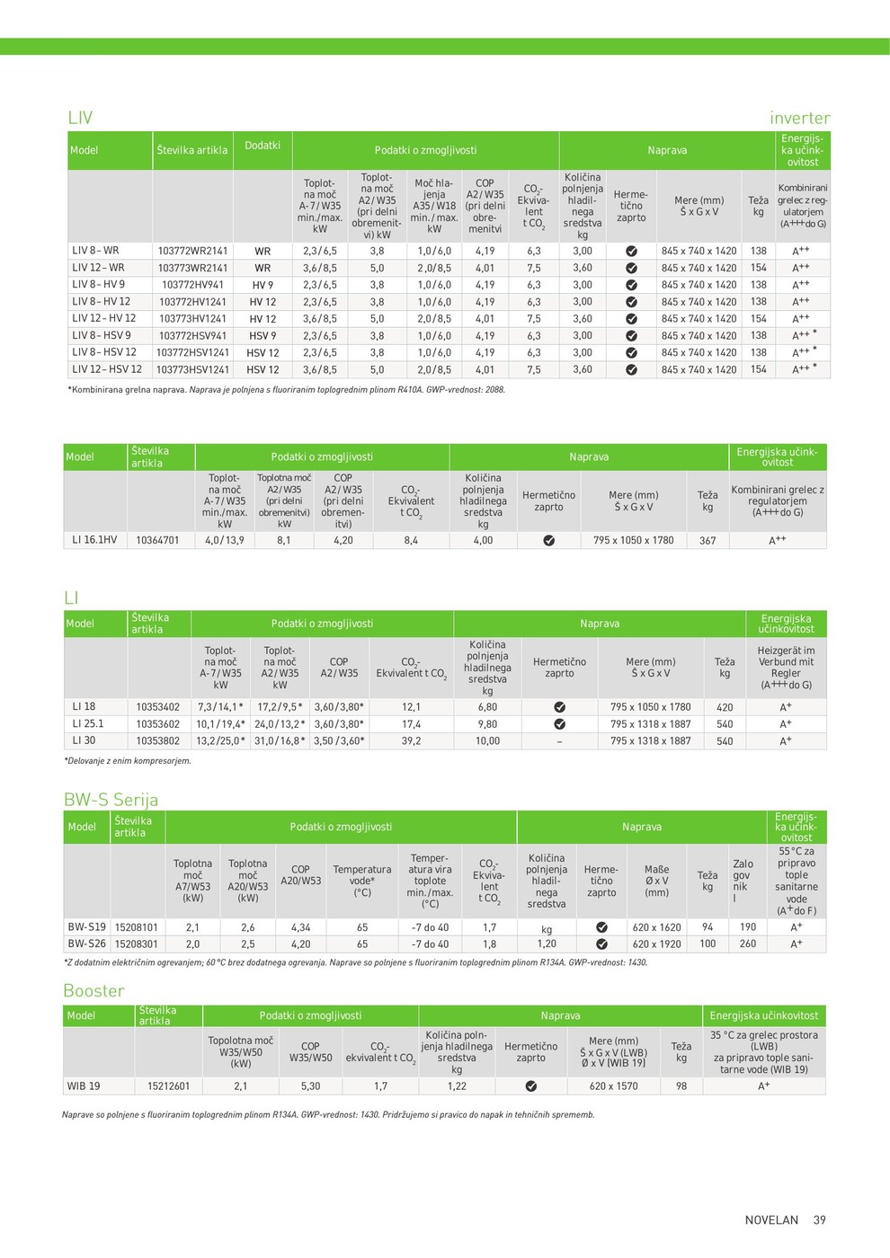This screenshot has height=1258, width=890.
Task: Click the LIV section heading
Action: pos(80,118)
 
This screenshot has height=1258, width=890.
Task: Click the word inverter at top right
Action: pos(799,118)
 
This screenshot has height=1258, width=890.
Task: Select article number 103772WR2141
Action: pos(192,252)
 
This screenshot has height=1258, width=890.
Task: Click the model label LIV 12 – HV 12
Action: pos(104,318)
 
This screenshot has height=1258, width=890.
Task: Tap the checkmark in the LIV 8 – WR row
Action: pos(631,252)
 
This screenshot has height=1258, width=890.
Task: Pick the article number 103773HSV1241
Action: pos(192,369)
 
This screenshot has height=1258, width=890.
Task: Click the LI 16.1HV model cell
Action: pos(94,540)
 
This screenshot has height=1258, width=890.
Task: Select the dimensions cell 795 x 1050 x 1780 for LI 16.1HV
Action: pos(633,540)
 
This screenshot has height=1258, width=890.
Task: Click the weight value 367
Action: pos(708,541)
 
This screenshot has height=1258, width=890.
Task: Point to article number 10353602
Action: pos(158,724)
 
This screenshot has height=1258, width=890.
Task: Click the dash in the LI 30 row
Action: pos(559,741)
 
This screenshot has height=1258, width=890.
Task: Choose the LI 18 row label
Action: pos(84,707)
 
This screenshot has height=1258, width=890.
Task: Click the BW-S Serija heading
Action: pos(111,800)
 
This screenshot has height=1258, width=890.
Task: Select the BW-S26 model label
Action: pos(87,944)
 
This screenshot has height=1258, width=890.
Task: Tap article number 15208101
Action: pos(137,927)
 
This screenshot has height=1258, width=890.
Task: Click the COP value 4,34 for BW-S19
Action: pos(300,927)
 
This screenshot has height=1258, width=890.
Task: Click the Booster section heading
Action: pos(93,990)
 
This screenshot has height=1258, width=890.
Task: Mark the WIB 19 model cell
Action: pos(84,1086)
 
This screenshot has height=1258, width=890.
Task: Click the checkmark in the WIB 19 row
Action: pos(530,1086)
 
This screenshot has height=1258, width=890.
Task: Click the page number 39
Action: pos(819,1220)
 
